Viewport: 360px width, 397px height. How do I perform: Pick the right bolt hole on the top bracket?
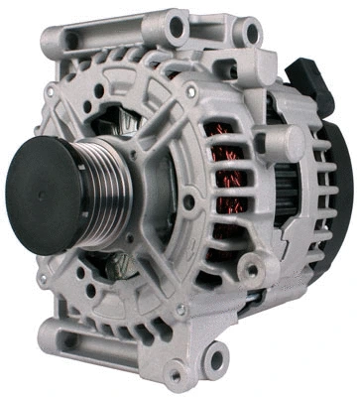252,34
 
